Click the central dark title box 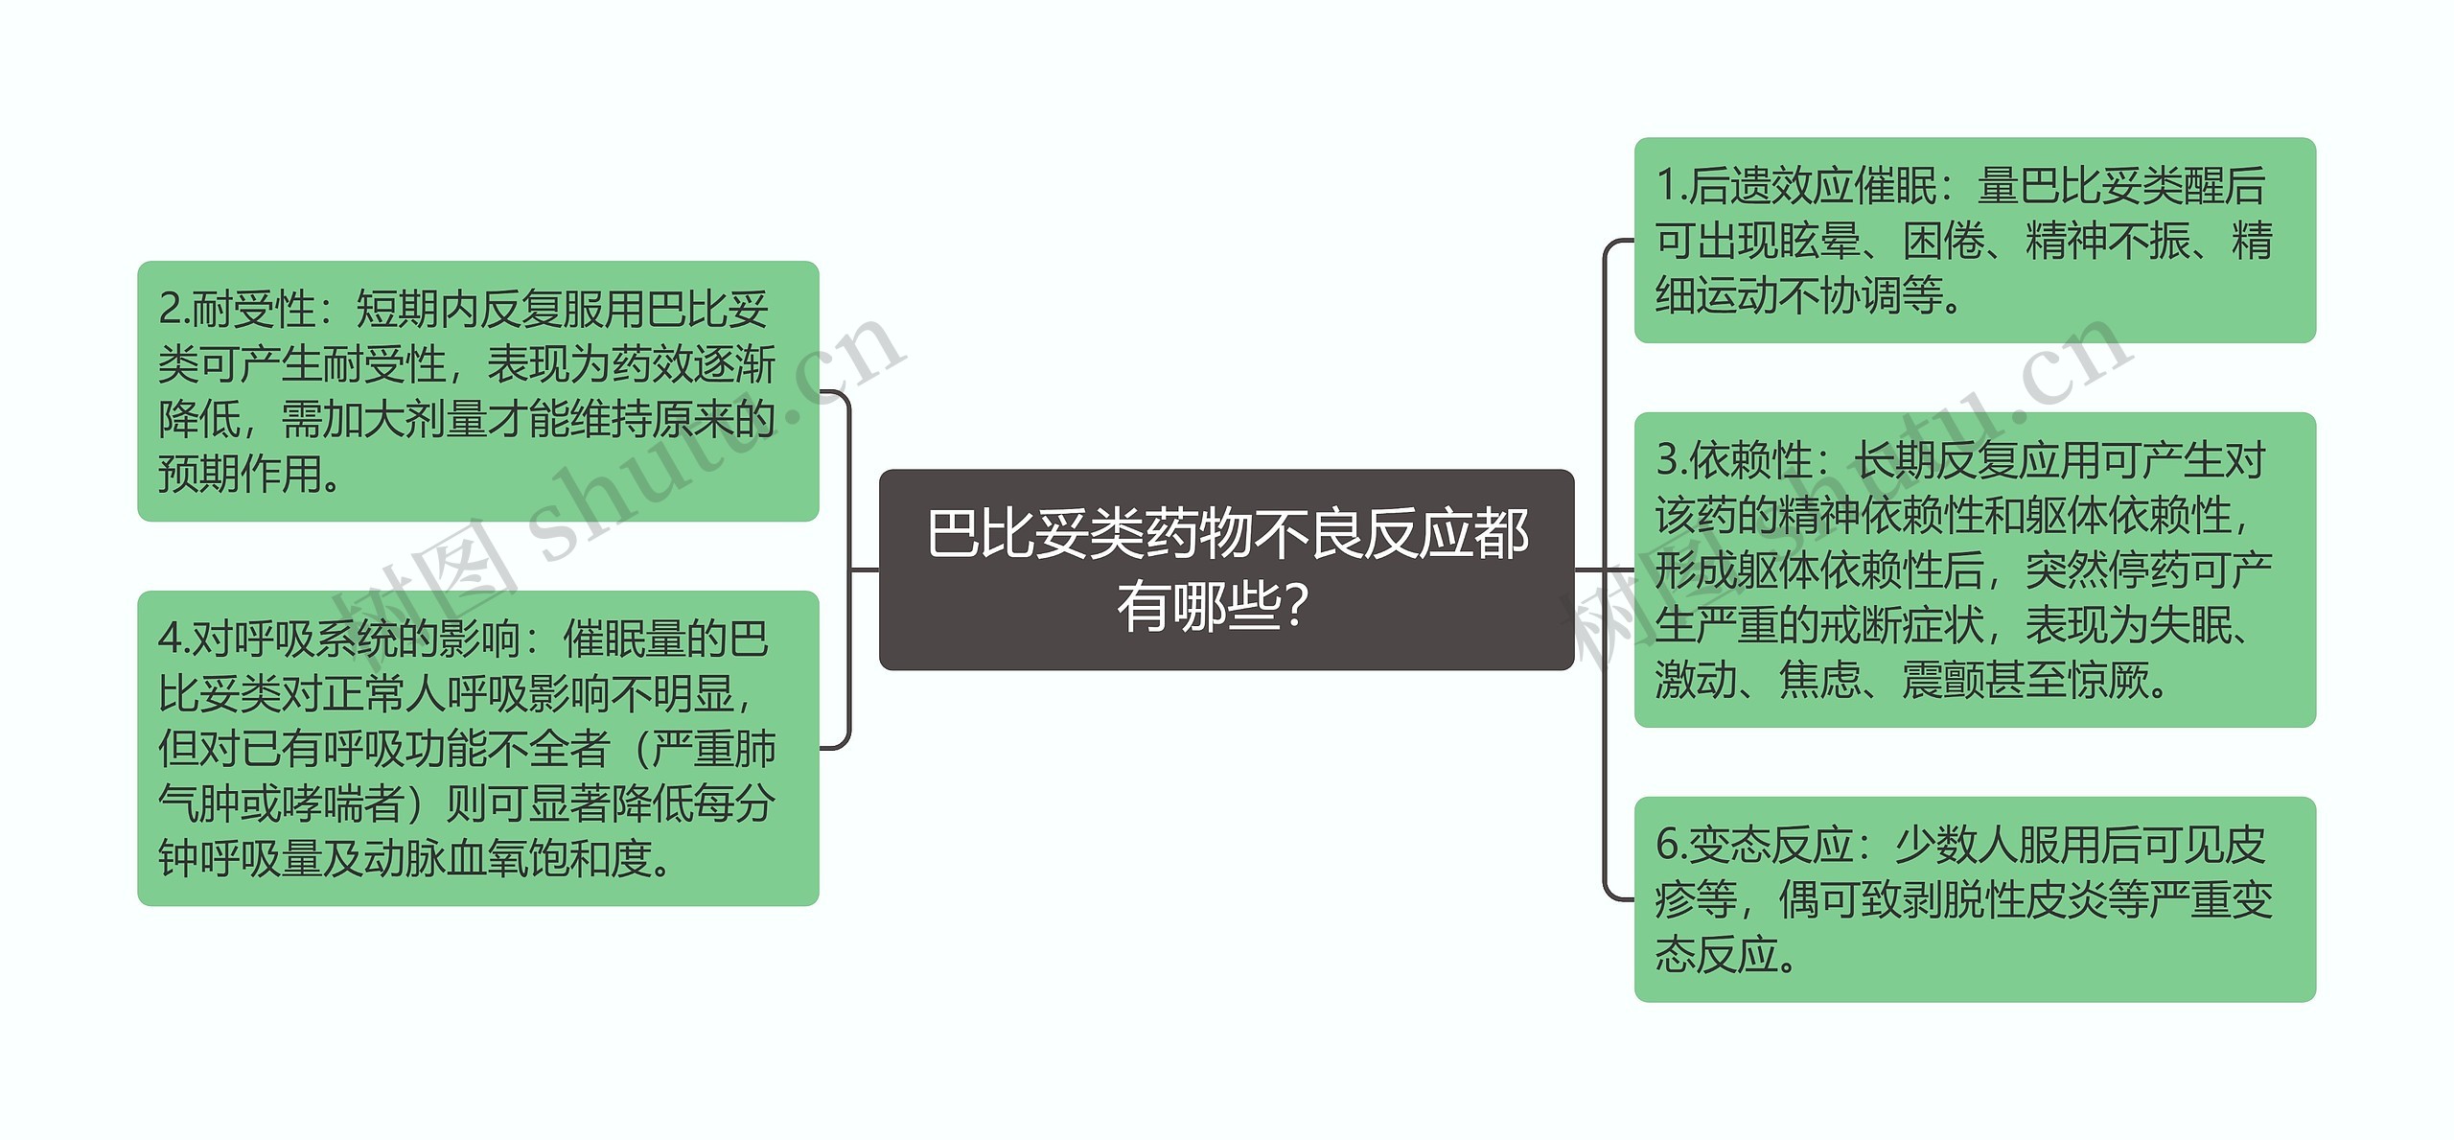point(1226,569)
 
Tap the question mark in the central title point(1295,607)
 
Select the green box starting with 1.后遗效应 point(1974,240)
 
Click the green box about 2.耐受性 point(477,390)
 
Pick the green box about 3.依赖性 point(1974,570)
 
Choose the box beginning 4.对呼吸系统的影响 point(477,748)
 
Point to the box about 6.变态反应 point(1974,898)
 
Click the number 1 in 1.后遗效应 point(1667,186)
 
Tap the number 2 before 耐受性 point(170,309)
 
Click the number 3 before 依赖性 point(1667,460)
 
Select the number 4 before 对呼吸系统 point(170,639)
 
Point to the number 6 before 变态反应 point(1667,845)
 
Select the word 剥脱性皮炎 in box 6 point(2003,899)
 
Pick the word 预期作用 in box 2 point(240,474)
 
